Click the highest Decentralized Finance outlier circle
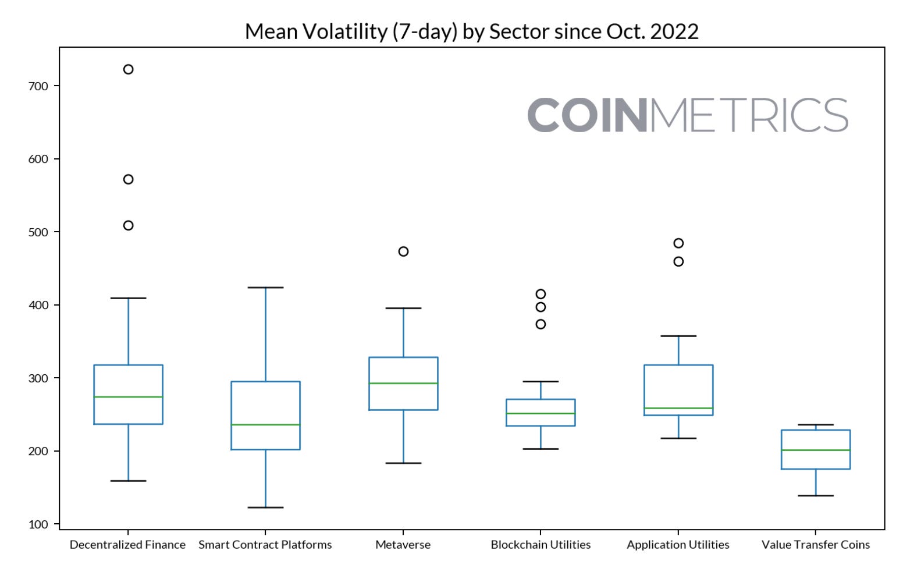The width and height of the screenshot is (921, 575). (x=128, y=69)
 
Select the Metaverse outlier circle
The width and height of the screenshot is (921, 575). (x=403, y=251)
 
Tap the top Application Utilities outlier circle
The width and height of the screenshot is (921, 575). (x=678, y=243)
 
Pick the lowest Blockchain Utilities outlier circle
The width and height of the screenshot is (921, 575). (x=540, y=324)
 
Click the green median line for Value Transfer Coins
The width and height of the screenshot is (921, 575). (x=816, y=450)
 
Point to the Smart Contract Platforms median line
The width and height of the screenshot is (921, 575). (x=265, y=425)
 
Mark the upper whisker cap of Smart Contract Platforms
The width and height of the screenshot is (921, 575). (x=265, y=287)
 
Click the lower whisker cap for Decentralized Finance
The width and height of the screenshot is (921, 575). (x=128, y=481)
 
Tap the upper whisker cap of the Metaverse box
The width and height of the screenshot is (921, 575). (x=403, y=308)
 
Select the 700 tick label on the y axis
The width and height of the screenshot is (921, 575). (x=38, y=86)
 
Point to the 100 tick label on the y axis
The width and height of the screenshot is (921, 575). (x=38, y=524)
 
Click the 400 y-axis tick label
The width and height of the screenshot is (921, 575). (x=38, y=305)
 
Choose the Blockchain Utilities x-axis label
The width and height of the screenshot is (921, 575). (x=540, y=545)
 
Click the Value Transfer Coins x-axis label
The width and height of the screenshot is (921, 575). (x=816, y=545)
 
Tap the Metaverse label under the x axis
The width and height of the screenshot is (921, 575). (x=403, y=545)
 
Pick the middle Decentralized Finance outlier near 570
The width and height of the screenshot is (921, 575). (x=128, y=179)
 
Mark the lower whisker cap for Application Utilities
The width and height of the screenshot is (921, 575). (x=678, y=438)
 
